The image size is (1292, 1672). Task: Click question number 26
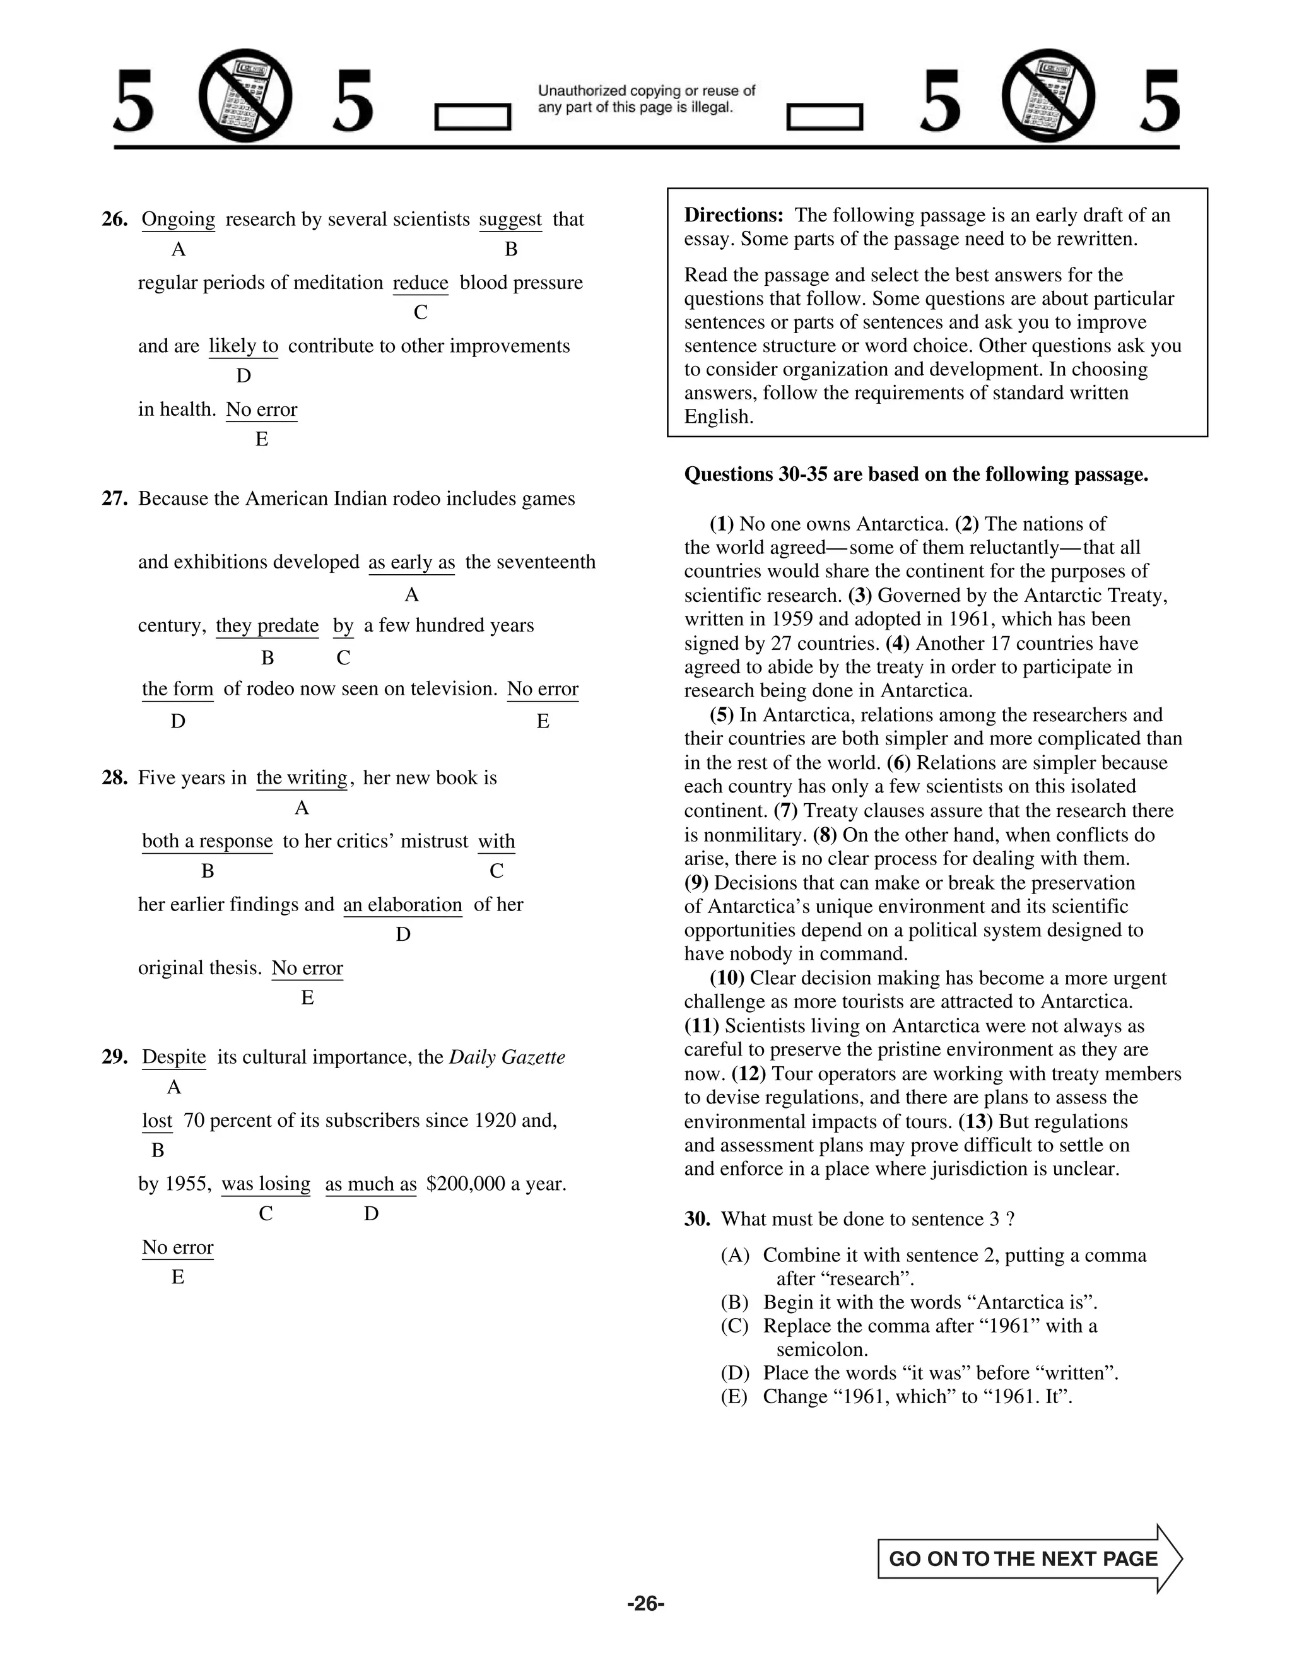[115, 220]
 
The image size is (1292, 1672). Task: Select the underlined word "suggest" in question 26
[510, 220]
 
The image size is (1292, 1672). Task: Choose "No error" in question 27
[542, 689]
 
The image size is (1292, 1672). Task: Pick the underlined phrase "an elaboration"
[402, 905]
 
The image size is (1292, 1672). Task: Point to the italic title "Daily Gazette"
[507, 1057]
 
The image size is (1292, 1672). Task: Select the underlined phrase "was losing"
[266, 1184]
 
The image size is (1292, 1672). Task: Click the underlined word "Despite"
[173, 1057]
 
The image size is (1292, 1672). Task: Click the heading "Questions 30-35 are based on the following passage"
[915, 474]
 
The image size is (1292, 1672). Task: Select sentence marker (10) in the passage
[727, 979]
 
